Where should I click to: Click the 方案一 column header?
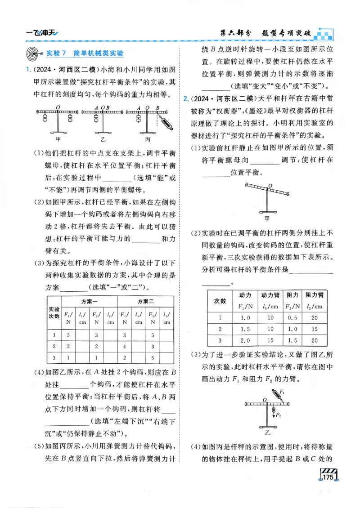coord(90,301)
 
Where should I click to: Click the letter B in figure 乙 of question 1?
coord(109,108)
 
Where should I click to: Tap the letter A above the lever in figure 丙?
coord(139,108)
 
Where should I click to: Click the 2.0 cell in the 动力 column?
coord(245,340)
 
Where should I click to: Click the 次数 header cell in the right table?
coord(220,301)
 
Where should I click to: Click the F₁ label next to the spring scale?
coord(282,392)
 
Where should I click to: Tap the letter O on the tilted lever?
coord(270,185)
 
